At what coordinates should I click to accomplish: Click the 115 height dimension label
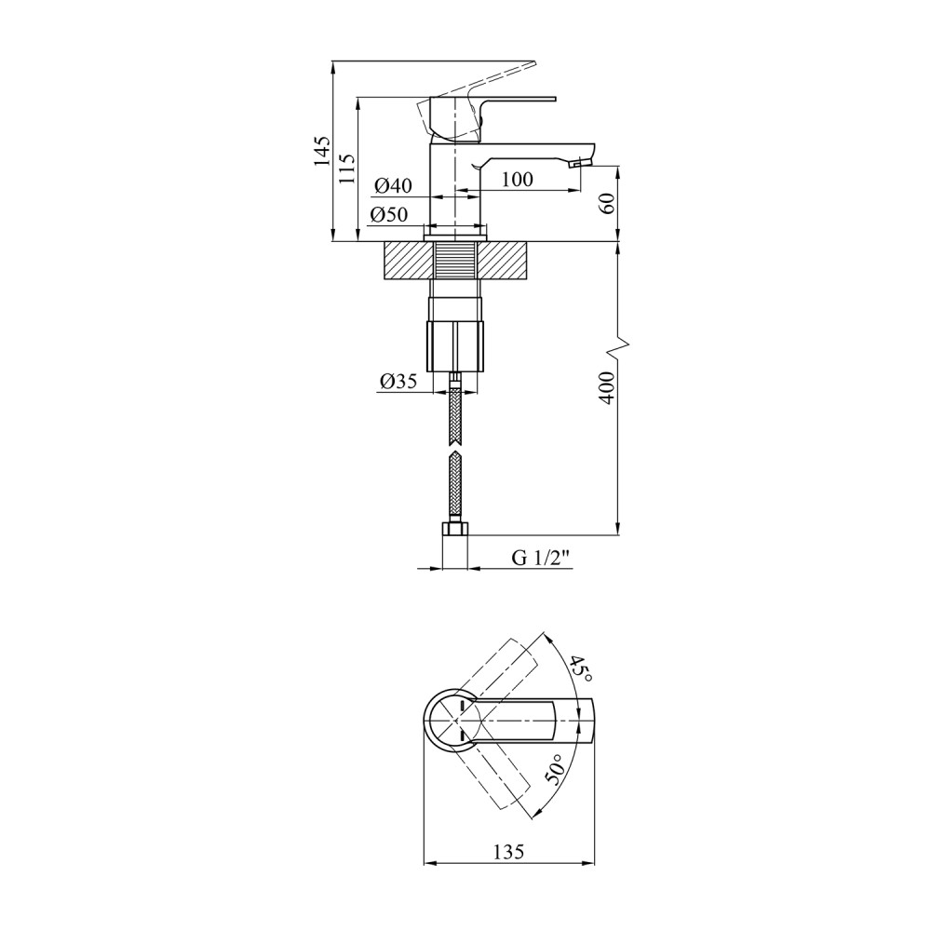[348, 169]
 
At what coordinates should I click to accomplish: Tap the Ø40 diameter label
[393, 186]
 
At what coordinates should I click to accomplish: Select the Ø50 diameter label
[389, 215]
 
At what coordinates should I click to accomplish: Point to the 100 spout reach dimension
[518, 180]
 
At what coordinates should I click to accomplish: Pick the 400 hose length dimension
[606, 387]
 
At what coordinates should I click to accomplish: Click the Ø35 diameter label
[398, 381]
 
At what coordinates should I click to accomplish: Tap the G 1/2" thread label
[541, 559]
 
